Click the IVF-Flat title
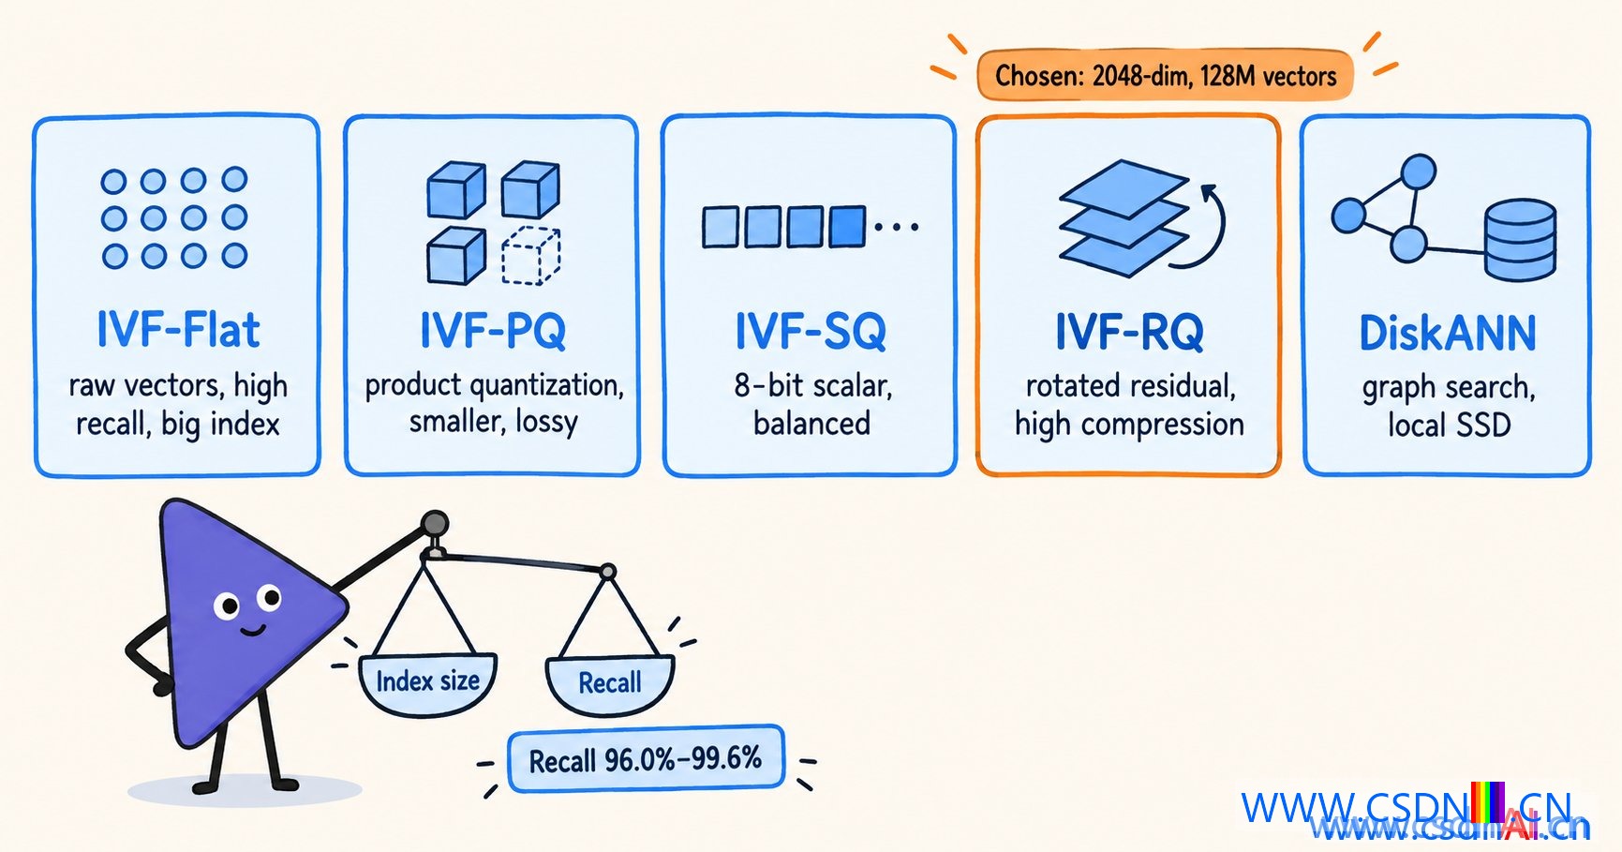pyautogui.click(x=178, y=330)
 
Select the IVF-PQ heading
pyautogui.click(x=493, y=330)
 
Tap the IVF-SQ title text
pyautogui.click(x=811, y=331)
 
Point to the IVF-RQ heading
pyautogui.click(x=1129, y=332)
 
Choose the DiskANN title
pyautogui.click(x=1448, y=334)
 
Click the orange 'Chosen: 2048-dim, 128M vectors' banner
pyautogui.click(x=1165, y=75)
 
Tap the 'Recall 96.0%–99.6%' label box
pyautogui.click(x=646, y=759)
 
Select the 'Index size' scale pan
pyautogui.click(x=427, y=684)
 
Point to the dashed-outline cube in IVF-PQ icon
pyautogui.click(x=531, y=256)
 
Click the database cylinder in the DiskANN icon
pyautogui.click(x=1520, y=240)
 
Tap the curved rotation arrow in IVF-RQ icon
pyautogui.click(x=1206, y=228)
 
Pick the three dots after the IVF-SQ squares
pyautogui.click(x=896, y=227)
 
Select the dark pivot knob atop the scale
pyautogui.click(x=434, y=523)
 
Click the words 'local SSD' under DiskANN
pyautogui.click(x=1449, y=426)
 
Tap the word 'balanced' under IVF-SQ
pyautogui.click(x=811, y=424)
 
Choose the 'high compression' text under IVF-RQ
pyautogui.click(x=1129, y=425)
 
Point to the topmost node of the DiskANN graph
pyautogui.click(x=1418, y=172)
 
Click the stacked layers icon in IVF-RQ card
pyautogui.click(x=1123, y=217)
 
